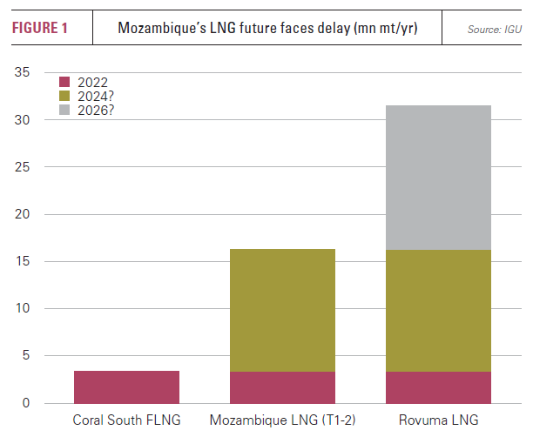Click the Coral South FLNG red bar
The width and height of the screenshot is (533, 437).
click(126, 387)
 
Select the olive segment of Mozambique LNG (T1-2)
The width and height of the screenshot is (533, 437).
click(282, 311)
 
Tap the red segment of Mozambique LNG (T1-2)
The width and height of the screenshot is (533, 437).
click(282, 387)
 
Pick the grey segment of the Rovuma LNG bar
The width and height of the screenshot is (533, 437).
click(438, 178)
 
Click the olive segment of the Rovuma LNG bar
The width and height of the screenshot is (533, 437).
click(438, 311)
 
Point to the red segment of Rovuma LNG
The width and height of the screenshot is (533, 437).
click(438, 387)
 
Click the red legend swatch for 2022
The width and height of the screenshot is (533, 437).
click(64, 82)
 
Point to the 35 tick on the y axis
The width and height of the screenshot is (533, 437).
click(24, 72)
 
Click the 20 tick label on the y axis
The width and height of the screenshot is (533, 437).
click(24, 214)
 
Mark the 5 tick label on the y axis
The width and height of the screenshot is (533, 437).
click(27, 356)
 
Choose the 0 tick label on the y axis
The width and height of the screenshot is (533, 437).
click(27, 403)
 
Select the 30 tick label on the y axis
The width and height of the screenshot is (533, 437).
click(24, 119)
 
